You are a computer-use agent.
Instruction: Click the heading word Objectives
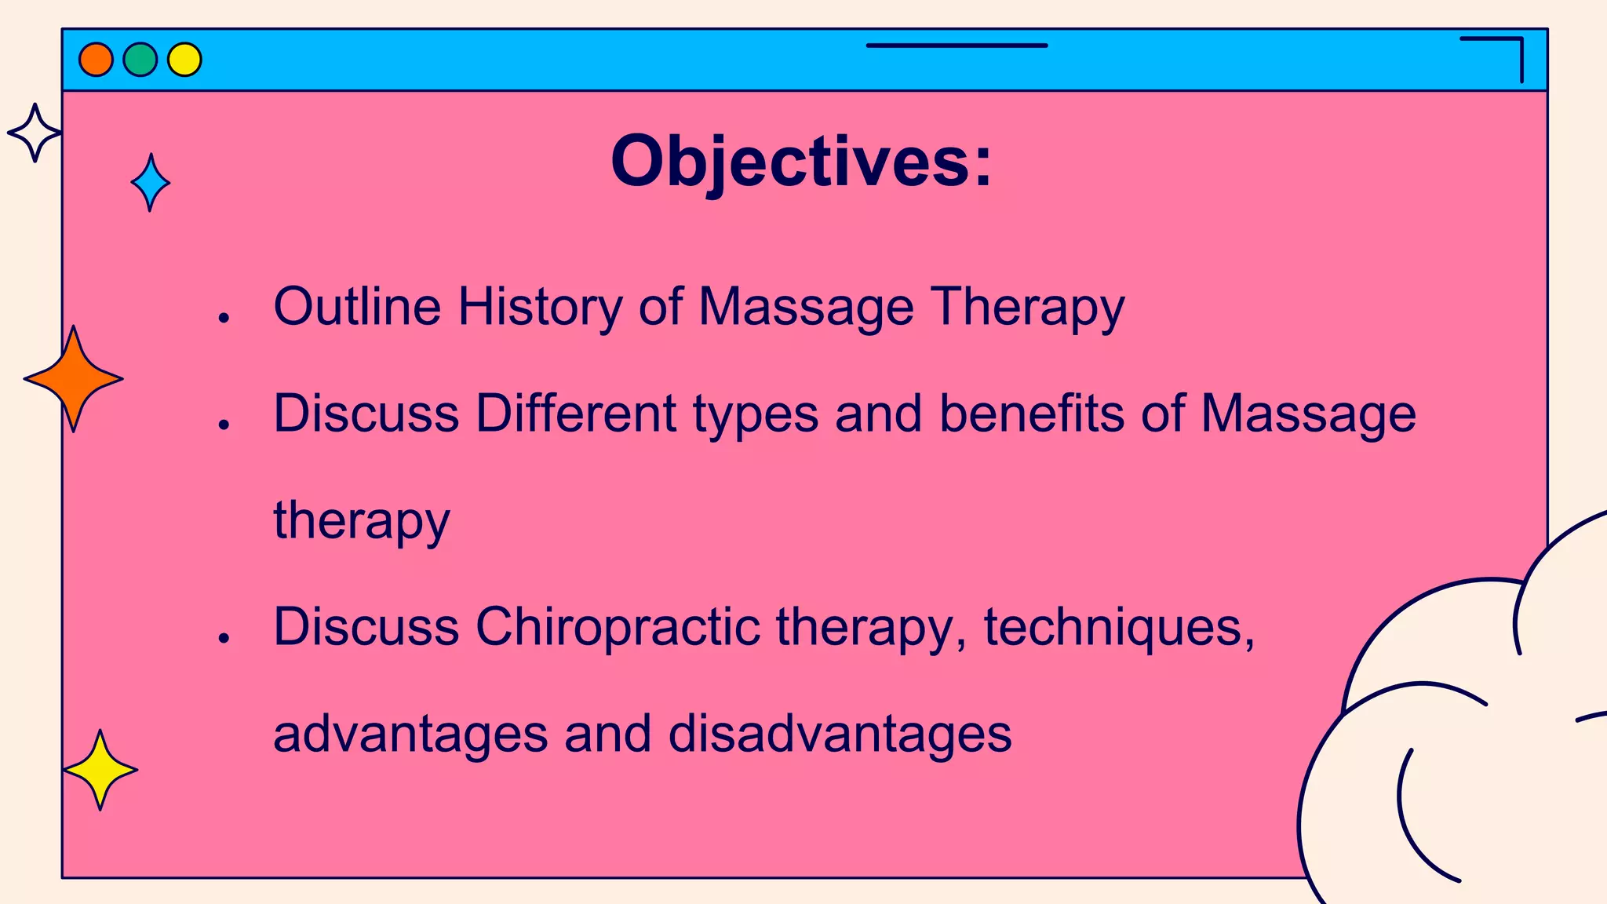[x=800, y=162]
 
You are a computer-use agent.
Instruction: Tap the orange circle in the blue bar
[x=97, y=60]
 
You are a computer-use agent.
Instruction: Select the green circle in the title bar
[x=140, y=60]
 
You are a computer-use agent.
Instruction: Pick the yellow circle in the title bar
[x=185, y=60]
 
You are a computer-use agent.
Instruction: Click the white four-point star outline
[x=35, y=133]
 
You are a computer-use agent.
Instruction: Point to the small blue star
[x=150, y=183]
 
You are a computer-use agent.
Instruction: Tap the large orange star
[x=73, y=379]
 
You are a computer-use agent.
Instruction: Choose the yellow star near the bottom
[x=100, y=770]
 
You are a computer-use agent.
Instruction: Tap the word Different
[x=576, y=414]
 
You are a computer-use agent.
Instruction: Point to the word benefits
[x=1032, y=414]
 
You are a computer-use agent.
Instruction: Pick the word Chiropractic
[x=618, y=627]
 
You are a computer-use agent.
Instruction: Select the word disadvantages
[x=840, y=734]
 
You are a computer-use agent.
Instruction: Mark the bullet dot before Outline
[x=224, y=318]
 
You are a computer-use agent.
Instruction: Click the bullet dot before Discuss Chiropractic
[x=224, y=638]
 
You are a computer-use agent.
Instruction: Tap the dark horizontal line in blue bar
[x=957, y=46]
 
